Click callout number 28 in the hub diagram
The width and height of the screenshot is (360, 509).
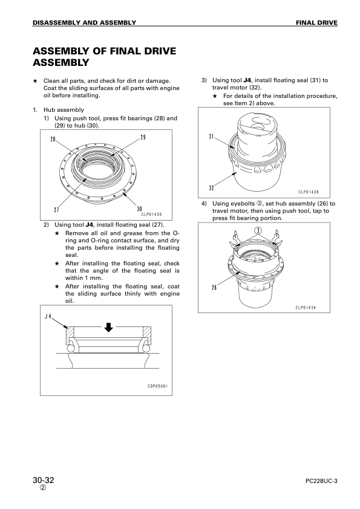click(53, 139)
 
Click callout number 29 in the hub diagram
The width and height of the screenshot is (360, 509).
click(143, 137)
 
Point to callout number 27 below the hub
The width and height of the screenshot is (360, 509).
click(56, 210)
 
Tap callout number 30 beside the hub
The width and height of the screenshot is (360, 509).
click(139, 209)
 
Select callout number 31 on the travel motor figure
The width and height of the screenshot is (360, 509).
click(211, 137)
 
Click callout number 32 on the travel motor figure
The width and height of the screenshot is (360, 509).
click(212, 188)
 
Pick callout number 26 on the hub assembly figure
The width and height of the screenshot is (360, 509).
click(214, 287)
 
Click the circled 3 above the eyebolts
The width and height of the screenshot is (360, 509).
click(258, 230)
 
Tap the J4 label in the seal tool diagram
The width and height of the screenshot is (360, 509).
click(48, 316)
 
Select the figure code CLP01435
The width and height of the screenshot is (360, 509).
click(151, 214)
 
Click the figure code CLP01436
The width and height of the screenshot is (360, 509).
click(309, 192)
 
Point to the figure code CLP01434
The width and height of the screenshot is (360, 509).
click(306, 308)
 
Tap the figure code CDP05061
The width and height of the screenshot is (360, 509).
click(157, 386)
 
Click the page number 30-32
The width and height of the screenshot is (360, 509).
click(43, 480)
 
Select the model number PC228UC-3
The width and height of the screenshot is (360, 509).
click(321, 481)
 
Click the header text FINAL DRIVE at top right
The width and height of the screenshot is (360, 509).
click(316, 23)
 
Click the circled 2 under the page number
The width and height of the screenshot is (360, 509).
click(43, 488)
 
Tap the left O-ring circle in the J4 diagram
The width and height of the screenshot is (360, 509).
click(71, 348)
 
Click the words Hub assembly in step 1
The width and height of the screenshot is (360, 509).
click(64, 110)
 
